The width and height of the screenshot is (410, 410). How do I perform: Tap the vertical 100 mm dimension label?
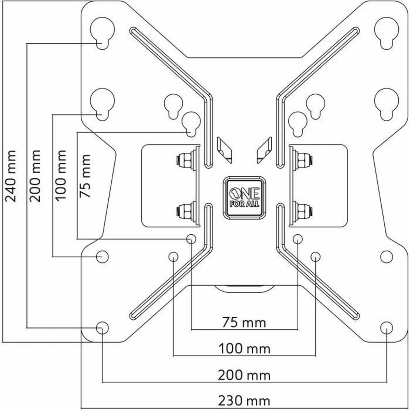[60, 175]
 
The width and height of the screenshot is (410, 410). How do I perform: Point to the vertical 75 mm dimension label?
[85, 176]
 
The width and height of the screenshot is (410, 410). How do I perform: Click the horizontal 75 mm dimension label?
[244, 322]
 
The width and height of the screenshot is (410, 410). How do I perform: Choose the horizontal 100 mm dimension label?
[244, 349]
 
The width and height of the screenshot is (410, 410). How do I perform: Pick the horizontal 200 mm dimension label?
[244, 375]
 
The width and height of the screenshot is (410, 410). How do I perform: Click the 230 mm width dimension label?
[244, 400]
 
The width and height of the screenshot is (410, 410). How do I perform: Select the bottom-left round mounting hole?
[101, 327]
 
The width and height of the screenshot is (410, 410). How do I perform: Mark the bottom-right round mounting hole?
[386, 327]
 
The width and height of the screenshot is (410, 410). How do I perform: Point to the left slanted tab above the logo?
[224, 149]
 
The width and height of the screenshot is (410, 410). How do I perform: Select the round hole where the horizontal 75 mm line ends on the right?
[298, 238]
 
